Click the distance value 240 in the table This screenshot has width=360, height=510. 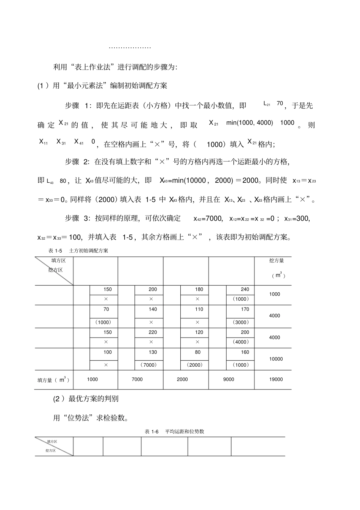point(245,289)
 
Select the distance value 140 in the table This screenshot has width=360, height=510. point(152,309)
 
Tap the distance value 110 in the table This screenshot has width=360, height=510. point(199,309)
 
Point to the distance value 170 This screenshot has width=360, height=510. point(245,309)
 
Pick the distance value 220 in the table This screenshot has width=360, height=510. point(152,332)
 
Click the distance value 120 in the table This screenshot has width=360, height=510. point(199,332)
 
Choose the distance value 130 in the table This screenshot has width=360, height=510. point(152,352)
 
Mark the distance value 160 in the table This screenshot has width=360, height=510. point(245,352)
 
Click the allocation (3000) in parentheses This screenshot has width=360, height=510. point(241,322)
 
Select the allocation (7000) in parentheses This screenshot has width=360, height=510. point(147,365)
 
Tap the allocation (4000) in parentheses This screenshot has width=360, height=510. point(241,342)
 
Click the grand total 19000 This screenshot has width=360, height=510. point(275,379)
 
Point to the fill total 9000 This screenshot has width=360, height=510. point(229,379)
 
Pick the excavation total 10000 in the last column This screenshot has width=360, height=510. point(275,359)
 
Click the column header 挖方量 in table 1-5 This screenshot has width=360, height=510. point(276,260)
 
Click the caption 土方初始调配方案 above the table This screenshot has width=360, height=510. point(89,251)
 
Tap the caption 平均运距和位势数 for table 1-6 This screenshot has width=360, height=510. point(185,432)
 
